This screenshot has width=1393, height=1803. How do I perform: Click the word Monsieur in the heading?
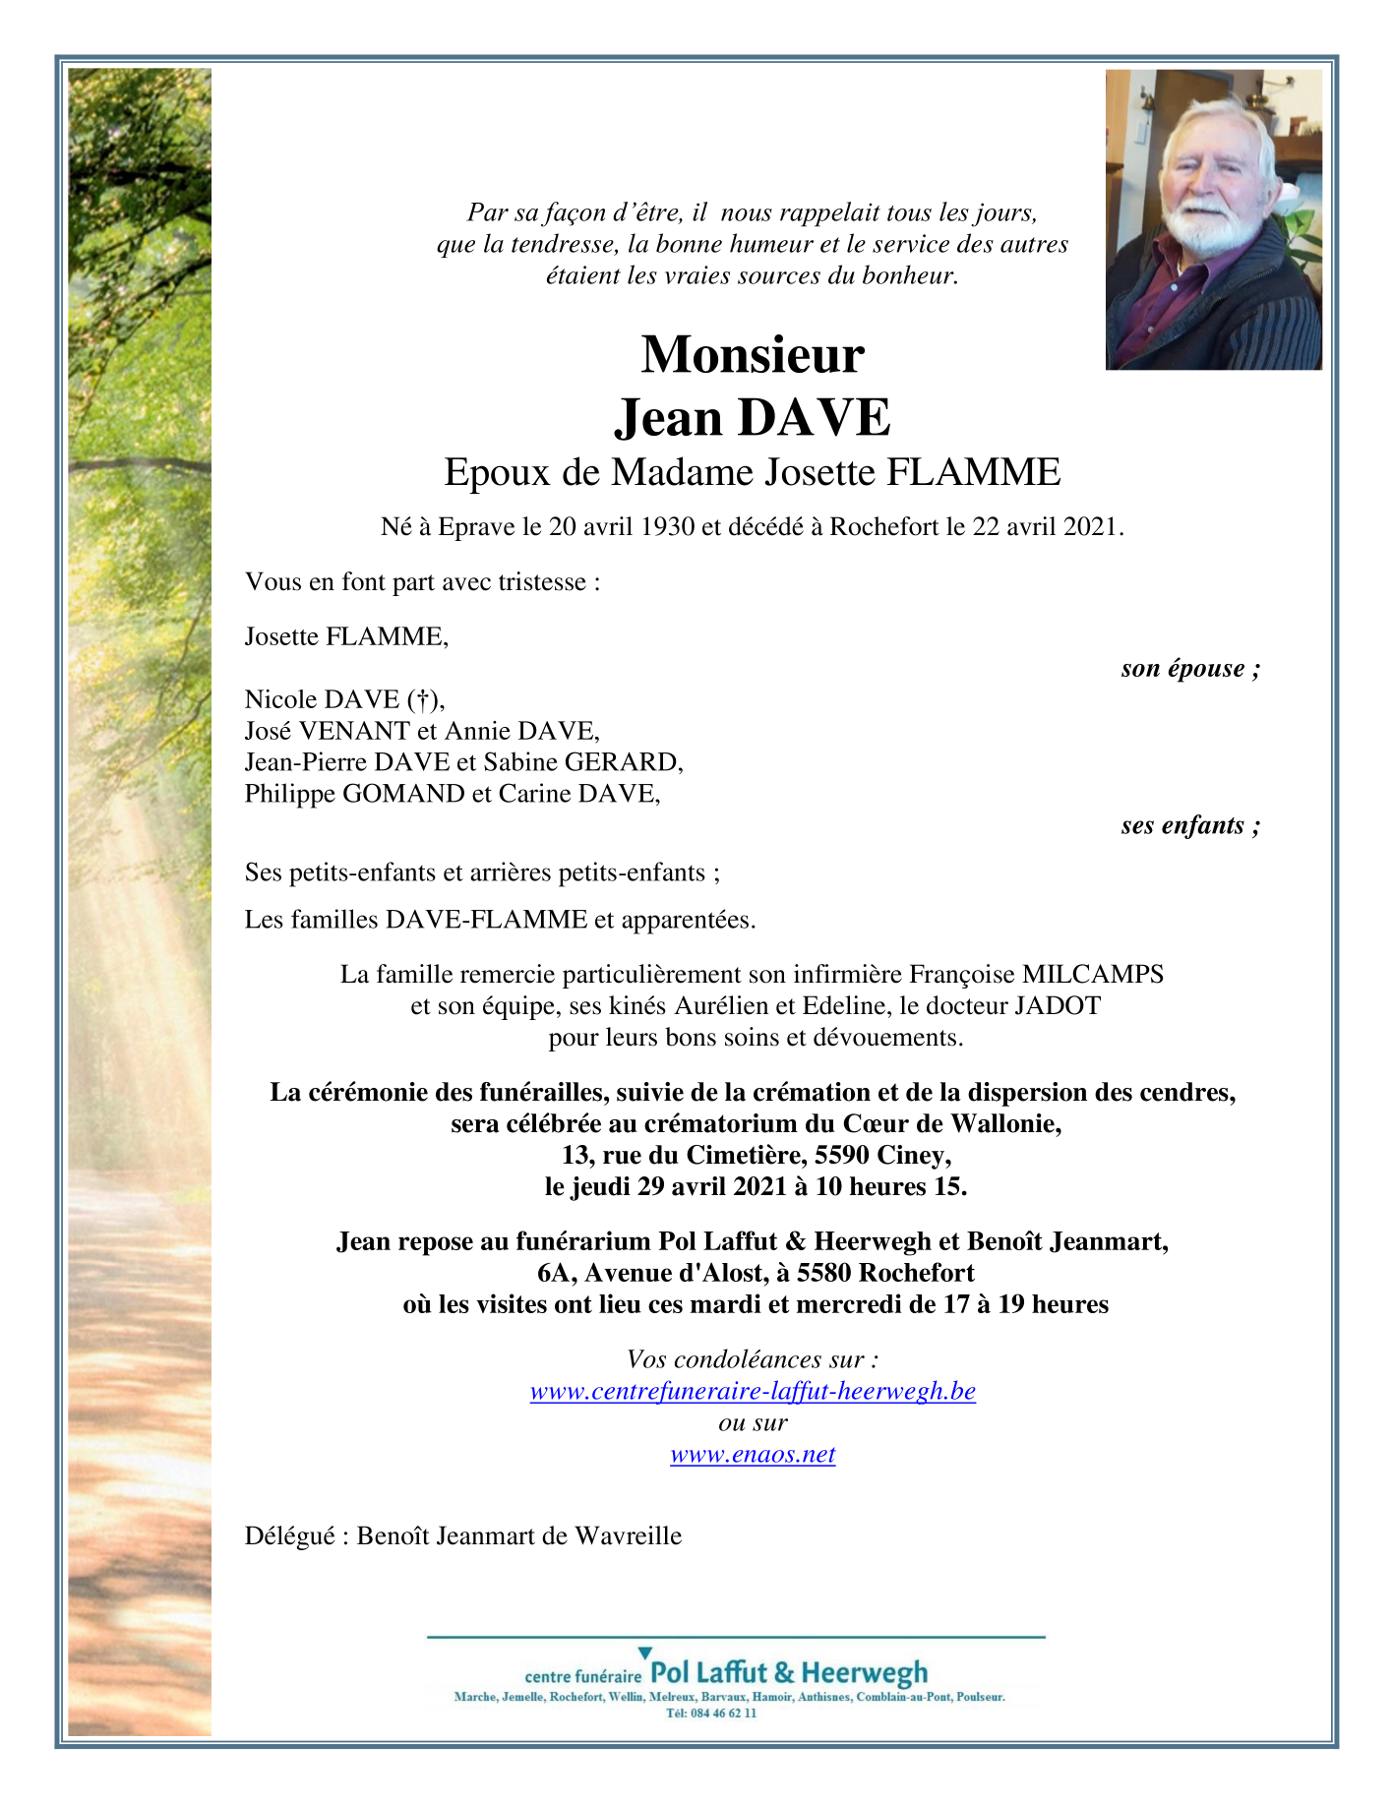[752, 355]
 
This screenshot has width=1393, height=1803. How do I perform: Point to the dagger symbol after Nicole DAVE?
[422, 699]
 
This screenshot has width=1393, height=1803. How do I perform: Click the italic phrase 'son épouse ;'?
[1190, 669]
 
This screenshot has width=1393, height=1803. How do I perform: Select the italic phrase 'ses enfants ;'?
[1190, 825]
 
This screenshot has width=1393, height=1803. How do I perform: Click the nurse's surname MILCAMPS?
[1093, 975]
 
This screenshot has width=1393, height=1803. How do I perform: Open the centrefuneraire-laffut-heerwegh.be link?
[753, 1392]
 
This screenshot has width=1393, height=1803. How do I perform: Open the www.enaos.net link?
[753, 1455]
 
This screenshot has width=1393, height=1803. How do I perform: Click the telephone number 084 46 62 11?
[725, 1713]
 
